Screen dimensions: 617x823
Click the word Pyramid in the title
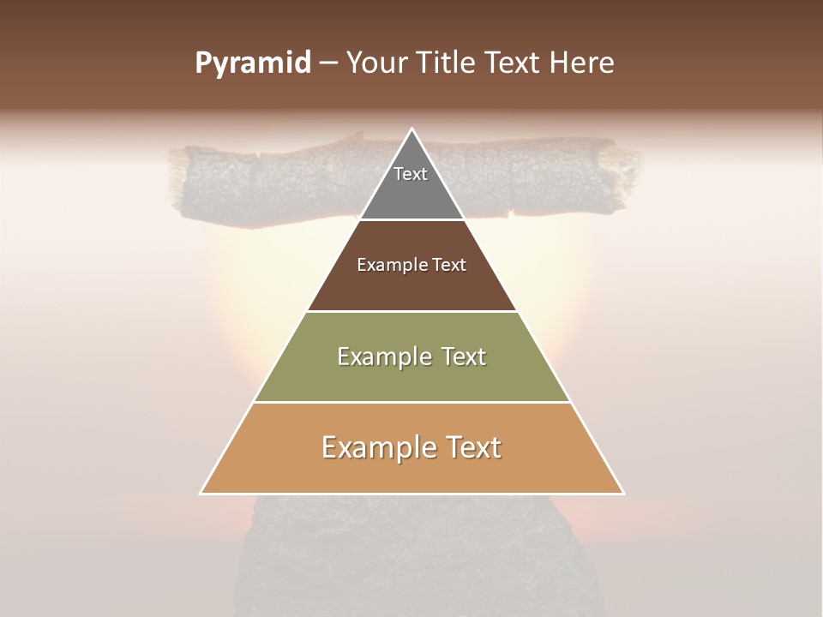point(252,63)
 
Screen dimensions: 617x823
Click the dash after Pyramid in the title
point(327,63)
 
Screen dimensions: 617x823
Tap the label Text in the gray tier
point(411,174)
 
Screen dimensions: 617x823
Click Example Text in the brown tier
point(411,265)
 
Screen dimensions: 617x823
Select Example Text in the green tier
point(411,356)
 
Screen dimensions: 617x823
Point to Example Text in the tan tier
point(411,447)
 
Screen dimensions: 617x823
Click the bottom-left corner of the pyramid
point(201,493)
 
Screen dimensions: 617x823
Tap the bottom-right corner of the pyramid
point(623,493)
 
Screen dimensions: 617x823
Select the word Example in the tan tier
point(375,447)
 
